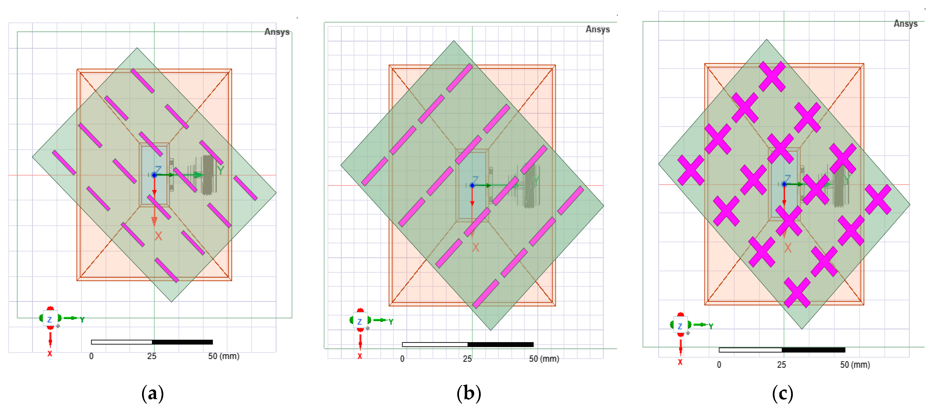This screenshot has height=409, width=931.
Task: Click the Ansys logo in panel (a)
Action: pos(277,32)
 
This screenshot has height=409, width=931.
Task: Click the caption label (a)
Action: pos(152,393)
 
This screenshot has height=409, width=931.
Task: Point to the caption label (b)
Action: pos(469,393)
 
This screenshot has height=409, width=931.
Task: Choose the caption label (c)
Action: pos(782,393)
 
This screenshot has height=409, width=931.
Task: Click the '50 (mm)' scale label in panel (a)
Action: pos(223,356)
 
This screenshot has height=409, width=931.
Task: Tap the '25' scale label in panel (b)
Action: pos(467,359)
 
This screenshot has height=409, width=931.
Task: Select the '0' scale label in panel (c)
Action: pos(719,365)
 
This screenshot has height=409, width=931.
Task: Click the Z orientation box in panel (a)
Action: pos(50,319)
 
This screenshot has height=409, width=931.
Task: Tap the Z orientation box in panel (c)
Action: pos(680,326)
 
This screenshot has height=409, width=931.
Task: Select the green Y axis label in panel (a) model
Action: pos(221,169)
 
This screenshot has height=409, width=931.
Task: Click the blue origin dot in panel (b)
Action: pos(472,185)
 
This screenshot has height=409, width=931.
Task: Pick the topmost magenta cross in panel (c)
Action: pos(772,76)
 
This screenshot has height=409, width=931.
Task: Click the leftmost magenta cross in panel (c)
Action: pos(691,170)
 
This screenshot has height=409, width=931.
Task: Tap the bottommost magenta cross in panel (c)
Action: pos(797,292)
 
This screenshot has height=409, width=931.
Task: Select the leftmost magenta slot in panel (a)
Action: pos(64,162)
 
